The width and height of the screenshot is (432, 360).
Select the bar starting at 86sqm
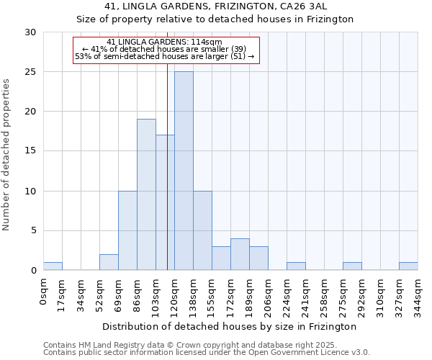[146, 194]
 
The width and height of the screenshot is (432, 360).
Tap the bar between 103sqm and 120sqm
[165, 202]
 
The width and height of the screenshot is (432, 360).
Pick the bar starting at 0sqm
[53, 266]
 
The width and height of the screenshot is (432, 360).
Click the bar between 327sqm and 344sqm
[408, 266]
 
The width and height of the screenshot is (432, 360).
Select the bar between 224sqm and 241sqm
[296, 266]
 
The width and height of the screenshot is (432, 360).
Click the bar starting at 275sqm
[352, 266]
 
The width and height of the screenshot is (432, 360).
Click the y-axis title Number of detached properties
[7, 155]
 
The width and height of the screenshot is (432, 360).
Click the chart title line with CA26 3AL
[215, 6]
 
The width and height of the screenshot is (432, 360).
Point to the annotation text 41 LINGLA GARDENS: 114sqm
[164, 42]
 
